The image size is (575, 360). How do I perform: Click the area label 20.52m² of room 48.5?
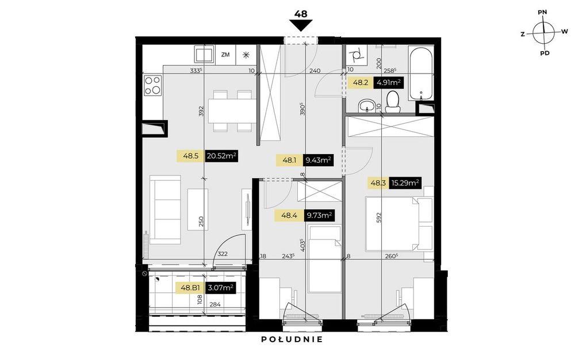[221, 156]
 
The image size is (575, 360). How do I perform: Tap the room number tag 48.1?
[289, 160]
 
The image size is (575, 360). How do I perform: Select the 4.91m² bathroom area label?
[388, 82]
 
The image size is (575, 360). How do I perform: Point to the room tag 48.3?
[378, 182]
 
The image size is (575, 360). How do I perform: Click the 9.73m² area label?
[319, 215]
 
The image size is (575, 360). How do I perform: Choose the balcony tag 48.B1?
[190, 288]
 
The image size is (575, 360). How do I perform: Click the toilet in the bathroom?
[392, 102]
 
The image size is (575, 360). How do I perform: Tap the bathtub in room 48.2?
[421, 73]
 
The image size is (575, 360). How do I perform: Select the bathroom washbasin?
[367, 106]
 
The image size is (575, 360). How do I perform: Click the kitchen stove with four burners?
[153, 86]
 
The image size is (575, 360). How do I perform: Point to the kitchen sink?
[204, 55]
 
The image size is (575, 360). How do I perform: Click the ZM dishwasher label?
[225, 55]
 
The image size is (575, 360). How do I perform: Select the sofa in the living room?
[165, 209]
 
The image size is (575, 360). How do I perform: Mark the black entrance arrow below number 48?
[301, 26]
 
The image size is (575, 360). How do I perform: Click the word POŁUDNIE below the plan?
[292, 339]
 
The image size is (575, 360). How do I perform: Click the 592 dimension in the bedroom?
[379, 217]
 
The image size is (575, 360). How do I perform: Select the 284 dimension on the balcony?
[215, 304]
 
